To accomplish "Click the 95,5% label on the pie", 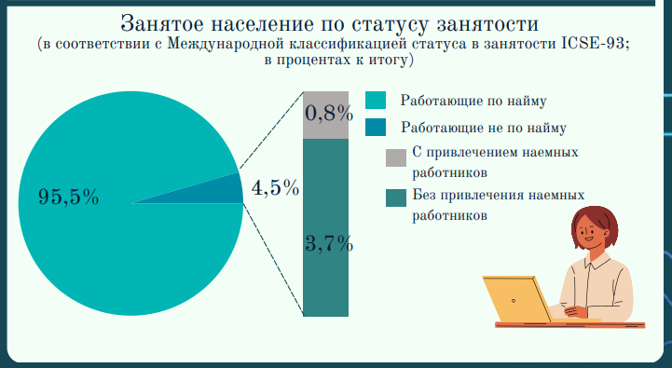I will tap(68, 197).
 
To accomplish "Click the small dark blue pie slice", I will tap(225, 189).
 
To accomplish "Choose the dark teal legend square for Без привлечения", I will tap(395, 197).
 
